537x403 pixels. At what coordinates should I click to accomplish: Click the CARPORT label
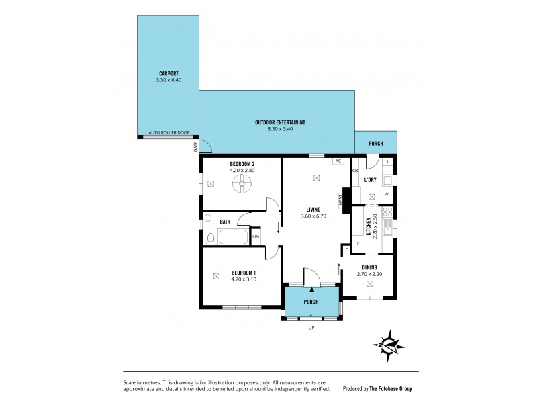[x=168, y=74]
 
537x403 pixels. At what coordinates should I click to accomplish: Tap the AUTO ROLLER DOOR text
[x=168, y=133]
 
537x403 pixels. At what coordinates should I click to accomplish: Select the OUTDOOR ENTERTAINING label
[x=280, y=122]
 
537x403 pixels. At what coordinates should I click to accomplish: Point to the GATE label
[x=196, y=146]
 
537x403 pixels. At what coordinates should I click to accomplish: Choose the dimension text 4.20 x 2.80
[x=242, y=171]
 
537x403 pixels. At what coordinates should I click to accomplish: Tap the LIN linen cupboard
[x=256, y=237]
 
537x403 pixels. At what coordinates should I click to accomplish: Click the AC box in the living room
[x=338, y=161]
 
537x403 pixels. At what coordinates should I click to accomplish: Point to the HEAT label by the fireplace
[x=341, y=199]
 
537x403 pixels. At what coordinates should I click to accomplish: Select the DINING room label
[x=368, y=267]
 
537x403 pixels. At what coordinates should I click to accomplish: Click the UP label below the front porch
[x=311, y=328]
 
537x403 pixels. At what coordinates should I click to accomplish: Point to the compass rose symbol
[x=390, y=345]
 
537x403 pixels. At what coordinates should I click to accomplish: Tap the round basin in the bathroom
[x=209, y=219]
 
